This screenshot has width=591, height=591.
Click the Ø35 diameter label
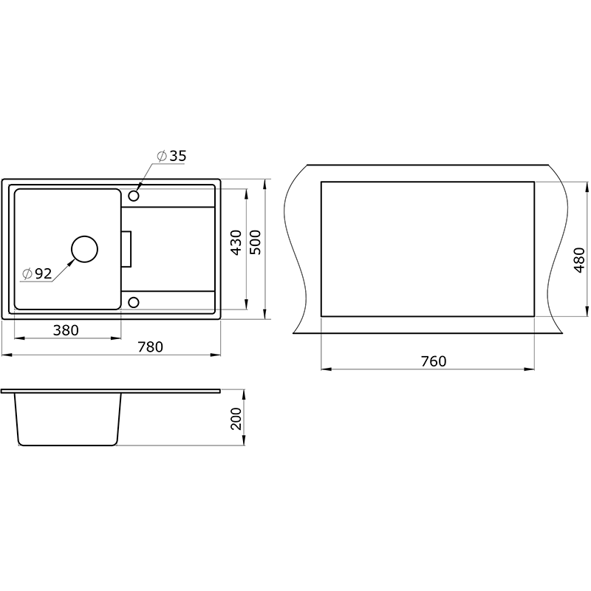click(171, 156)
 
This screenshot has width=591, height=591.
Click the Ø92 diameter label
click(37, 273)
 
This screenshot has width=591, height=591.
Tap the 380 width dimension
click(66, 330)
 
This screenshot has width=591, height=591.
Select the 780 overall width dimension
click(150, 346)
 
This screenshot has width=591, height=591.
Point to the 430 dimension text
click(236, 242)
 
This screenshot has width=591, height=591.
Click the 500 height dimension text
click(255, 242)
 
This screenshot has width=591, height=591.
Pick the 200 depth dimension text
click(236, 418)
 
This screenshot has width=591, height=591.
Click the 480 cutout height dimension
click(579, 260)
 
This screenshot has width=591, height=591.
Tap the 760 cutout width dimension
click(434, 361)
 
